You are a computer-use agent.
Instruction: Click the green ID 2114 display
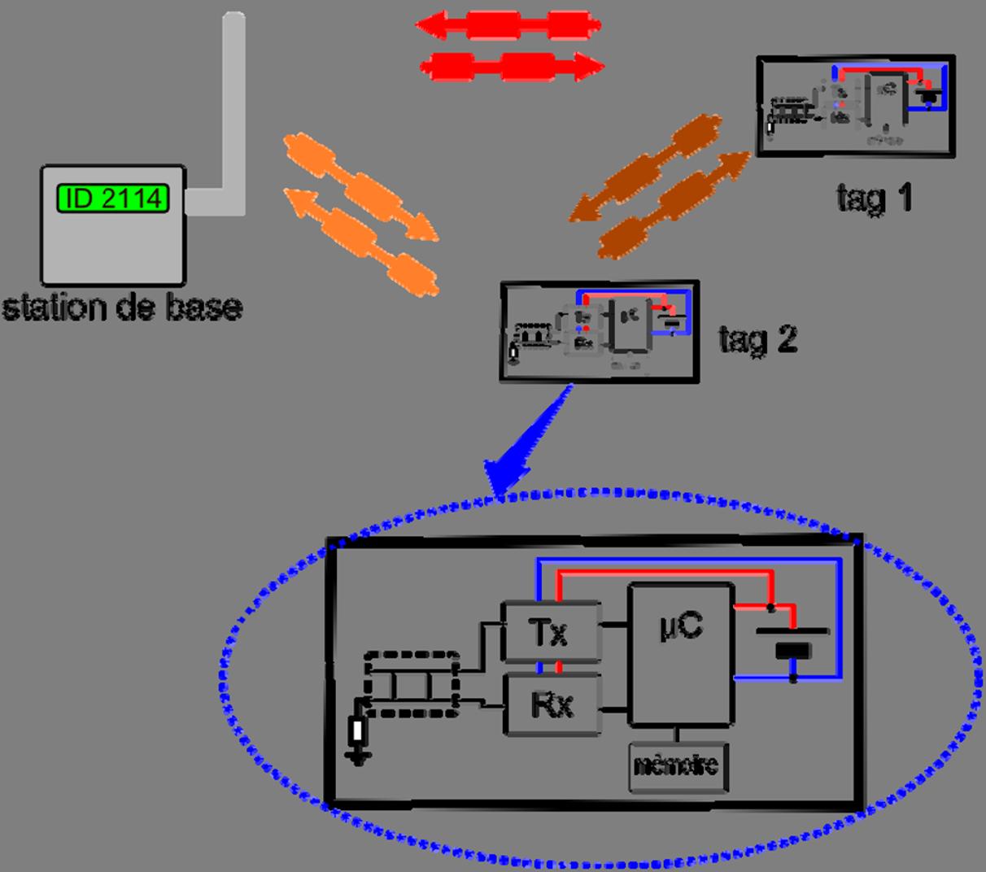pyautogui.click(x=113, y=198)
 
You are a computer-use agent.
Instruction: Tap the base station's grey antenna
pyautogui.click(x=233, y=106)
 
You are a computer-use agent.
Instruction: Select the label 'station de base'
pyautogui.click(x=122, y=308)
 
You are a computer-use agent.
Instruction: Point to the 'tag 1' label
pyautogui.click(x=875, y=198)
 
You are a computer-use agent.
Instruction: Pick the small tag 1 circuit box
pyautogui.click(x=856, y=106)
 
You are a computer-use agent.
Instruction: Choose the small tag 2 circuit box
pyautogui.click(x=600, y=331)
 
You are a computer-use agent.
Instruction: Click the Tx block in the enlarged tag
pyautogui.click(x=552, y=632)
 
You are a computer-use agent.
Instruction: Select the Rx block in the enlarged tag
pyautogui.click(x=552, y=704)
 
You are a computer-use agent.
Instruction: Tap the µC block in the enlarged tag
pyautogui.click(x=681, y=653)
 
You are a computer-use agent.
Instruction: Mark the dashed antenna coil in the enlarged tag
pyautogui.click(x=412, y=683)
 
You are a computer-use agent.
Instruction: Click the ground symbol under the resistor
pyautogui.click(x=357, y=759)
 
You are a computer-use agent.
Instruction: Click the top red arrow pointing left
pyautogui.click(x=508, y=25)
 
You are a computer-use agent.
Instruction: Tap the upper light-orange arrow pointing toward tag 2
pyautogui.click(x=361, y=187)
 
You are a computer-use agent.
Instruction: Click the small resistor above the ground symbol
pyautogui.click(x=356, y=730)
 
